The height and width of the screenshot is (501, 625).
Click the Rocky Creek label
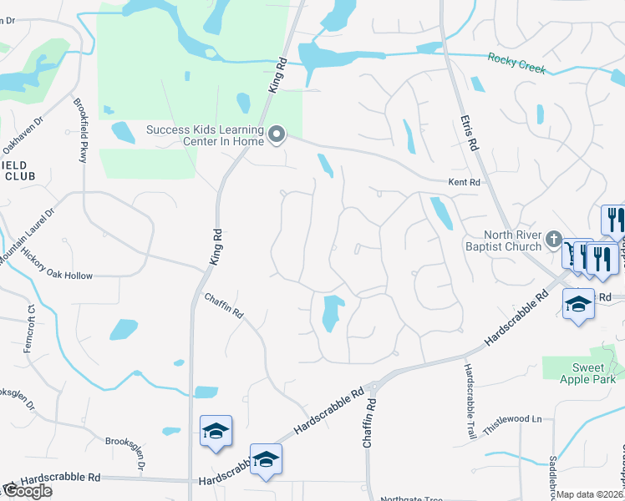(x=517, y=63)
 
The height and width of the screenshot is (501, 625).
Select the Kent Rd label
(x=465, y=182)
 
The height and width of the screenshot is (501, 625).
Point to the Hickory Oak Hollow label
(x=58, y=276)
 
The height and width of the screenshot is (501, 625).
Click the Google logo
(x=27, y=491)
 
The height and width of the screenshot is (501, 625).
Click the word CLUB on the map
(x=18, y=176)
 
